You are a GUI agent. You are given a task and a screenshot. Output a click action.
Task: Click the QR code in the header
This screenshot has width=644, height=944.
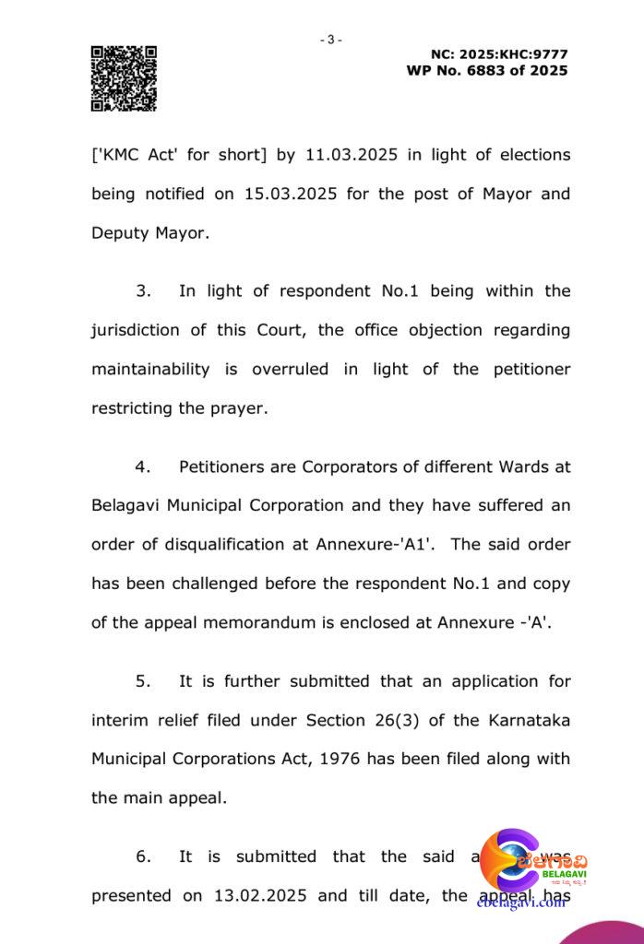pos(123,78)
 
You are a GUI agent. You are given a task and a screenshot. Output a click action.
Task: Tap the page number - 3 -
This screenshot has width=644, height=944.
pos(330,40)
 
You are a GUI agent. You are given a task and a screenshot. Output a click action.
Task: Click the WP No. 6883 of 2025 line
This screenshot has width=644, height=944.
pos(487,71)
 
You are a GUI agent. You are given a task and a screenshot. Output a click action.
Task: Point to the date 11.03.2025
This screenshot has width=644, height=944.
pos(350,155)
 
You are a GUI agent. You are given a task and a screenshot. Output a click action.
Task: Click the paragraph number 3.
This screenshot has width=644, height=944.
pos(143,291)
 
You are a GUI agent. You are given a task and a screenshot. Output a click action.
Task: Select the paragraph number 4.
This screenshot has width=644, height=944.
pos(143,466)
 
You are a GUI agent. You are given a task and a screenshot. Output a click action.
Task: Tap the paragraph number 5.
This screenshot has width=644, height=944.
pos(143,681)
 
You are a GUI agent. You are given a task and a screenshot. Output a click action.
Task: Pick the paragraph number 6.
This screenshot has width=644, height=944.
pos(143,856)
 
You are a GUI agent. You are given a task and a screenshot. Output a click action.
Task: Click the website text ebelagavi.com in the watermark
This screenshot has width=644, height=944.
pos(521,903)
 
